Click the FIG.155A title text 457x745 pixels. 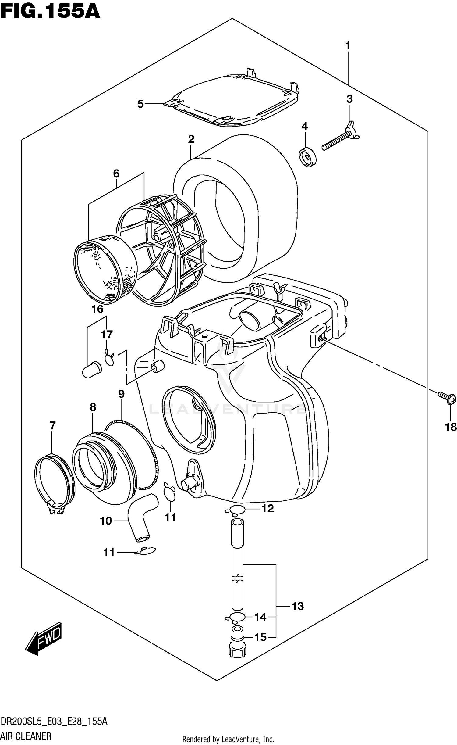50,12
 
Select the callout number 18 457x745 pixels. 451,427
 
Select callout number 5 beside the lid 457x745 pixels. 140,104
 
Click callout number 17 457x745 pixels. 107,335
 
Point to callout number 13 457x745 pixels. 297,606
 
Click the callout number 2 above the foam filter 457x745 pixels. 191,139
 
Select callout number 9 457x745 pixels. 121,394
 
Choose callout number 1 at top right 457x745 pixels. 348,46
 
